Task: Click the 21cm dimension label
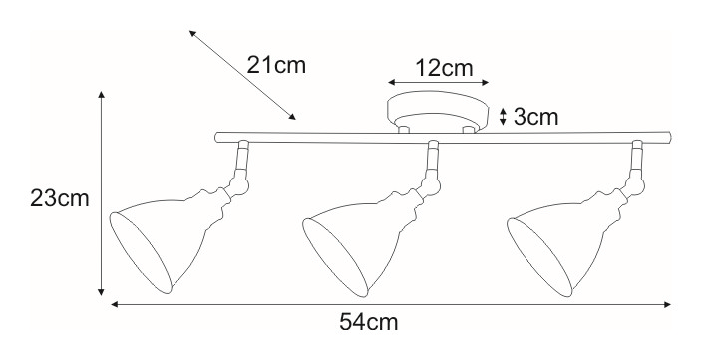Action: [276, 65]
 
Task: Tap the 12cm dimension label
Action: [444, 68]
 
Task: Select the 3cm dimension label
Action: [535, 117]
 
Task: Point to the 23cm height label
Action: [60, 198]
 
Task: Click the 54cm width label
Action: [369, 321]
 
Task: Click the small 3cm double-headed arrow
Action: [503, 117]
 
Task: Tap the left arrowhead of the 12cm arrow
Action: [391, 82]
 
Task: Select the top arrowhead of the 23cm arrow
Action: [101, 95]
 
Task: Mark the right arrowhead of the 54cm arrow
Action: [667, 304]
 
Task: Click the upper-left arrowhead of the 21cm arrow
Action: [192, 33]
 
